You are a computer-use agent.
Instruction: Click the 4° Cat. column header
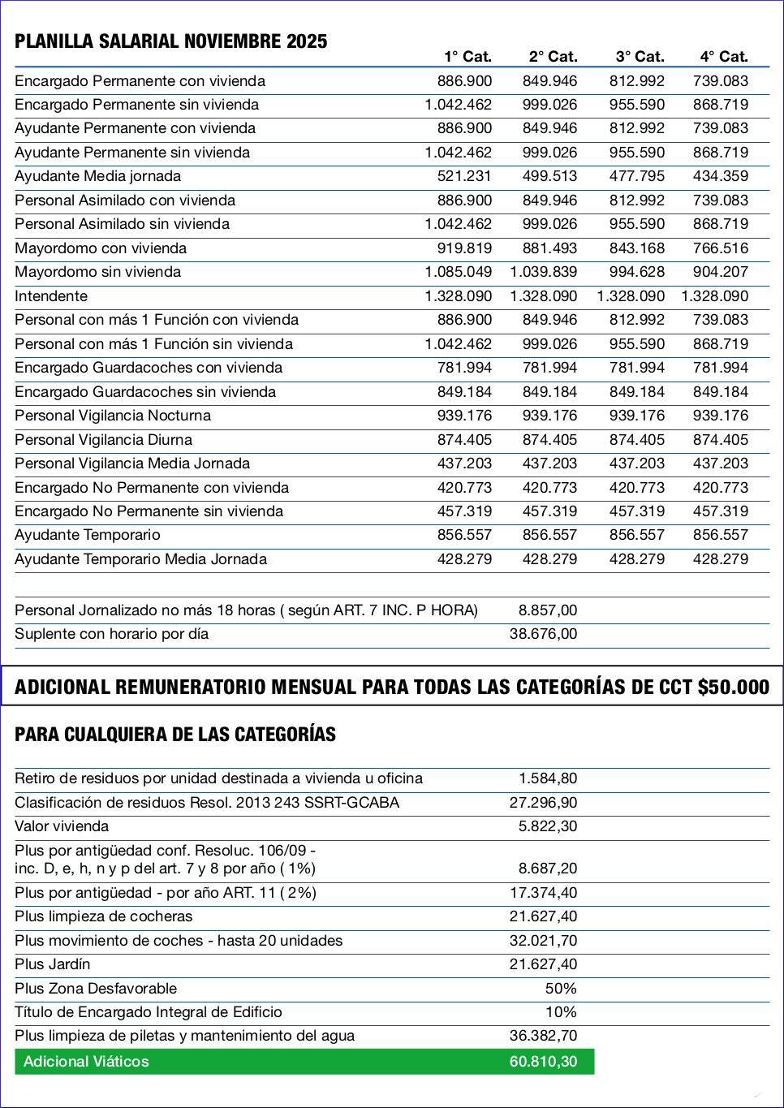click(723, 57)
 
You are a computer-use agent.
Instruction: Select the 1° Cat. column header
click(467, 57)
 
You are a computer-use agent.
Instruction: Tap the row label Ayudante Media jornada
click(97, 176)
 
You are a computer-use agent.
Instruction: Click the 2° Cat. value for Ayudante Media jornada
click(549, 176)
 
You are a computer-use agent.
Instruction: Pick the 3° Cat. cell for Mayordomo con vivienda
click(636, 248)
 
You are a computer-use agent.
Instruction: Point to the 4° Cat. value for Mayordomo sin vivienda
click(720, 272)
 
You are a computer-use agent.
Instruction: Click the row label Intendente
click(51, 296)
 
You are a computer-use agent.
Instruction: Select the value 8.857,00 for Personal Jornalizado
click(548, 610)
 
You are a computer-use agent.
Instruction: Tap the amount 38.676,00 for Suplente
click(543, 634)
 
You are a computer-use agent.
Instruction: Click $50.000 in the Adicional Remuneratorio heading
click(733, 688)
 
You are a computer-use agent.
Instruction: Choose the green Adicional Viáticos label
click(86, 1062)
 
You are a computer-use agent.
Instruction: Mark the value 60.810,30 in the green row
click(543, 1062)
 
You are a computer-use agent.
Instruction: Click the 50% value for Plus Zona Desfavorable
click(561, 989)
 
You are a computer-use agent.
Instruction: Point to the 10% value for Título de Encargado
click(561, 1012)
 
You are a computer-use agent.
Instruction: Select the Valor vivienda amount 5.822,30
click(548, 826)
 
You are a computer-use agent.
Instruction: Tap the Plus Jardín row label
click(53, 964)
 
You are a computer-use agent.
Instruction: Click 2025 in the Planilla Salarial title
click(306, 41)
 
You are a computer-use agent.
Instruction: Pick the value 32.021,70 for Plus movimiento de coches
click(543, 941)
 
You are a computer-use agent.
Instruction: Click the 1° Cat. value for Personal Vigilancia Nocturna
click(464, 416)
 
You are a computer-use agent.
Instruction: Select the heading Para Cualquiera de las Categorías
click(175, 735)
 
